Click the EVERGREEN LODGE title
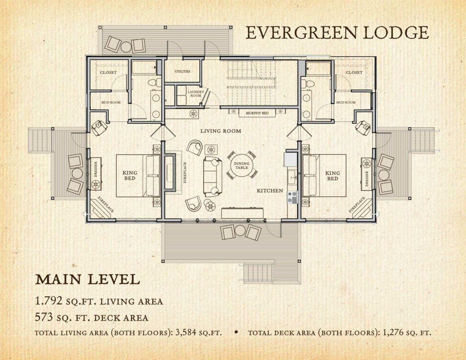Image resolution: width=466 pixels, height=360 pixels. [337, 33]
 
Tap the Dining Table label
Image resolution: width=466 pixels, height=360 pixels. [242, 165]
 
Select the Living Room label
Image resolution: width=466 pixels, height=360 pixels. [220, 131]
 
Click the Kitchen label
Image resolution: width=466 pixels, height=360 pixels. [270, 190]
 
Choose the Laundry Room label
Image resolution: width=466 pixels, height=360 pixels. [196, 94]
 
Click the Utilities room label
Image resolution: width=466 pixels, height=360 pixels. [182, 72]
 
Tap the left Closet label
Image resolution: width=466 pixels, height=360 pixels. [108, 72]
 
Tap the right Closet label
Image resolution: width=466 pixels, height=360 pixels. [354, 72]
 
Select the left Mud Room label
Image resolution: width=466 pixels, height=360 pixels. [111, 103]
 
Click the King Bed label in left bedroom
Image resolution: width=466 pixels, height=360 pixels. [130, 175]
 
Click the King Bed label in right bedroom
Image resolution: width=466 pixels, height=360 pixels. [332, 175]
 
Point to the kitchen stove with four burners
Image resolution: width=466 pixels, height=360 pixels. [292, 197]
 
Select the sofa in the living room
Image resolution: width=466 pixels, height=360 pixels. [213, 175]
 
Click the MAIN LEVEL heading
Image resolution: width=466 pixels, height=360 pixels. [87, 279]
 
